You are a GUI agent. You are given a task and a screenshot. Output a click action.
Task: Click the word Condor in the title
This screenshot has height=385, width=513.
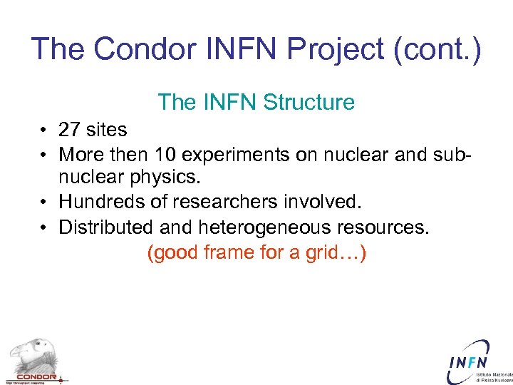coord(147,49)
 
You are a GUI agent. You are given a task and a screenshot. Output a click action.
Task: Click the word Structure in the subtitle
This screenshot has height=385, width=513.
coord(309,103)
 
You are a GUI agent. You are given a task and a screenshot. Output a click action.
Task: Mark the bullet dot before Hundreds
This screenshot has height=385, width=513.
coord(44,203)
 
